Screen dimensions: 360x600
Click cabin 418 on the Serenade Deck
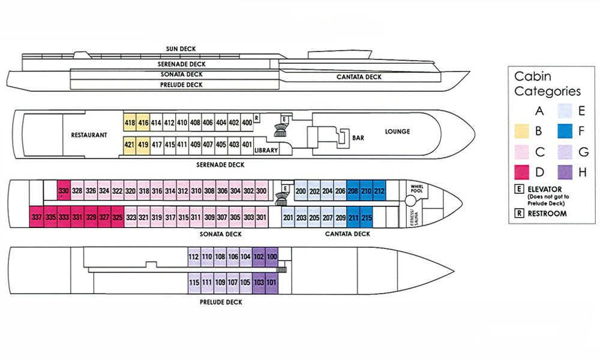coord(130,122)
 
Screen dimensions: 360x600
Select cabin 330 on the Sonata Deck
coord(64,191)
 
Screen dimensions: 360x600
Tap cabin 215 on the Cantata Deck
coord(367,217)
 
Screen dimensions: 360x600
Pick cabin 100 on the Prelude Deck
coord(272,257)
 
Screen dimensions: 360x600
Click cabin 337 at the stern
coord(37,217)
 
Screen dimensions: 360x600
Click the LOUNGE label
coord(398,131)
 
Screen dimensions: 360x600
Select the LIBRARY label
coord(266,150)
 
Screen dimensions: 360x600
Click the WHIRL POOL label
coord(417,188)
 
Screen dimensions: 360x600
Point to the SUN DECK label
coord(181,49)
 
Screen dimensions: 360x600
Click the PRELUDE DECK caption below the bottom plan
coord(221,302)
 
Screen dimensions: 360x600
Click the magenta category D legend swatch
coord(522,172)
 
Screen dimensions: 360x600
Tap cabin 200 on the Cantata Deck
coord(301,191)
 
